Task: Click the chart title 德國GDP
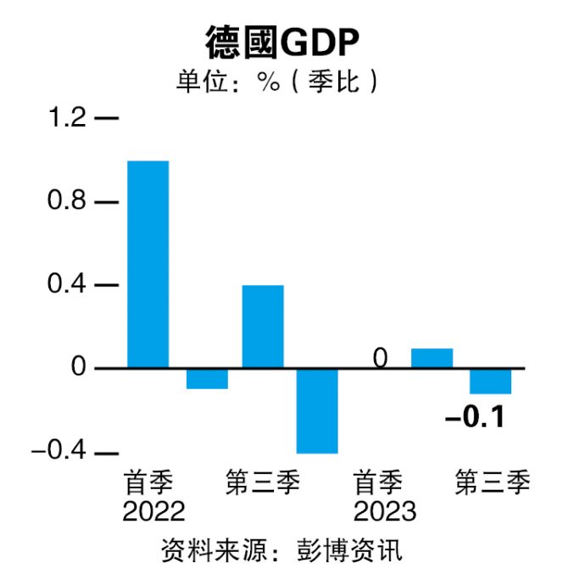[281, 42]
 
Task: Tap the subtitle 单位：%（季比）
[277, 84]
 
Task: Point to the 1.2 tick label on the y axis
[66, 118]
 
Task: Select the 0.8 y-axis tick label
[66, 202]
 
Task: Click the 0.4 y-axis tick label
[66, 285]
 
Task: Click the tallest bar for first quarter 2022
[148, 264]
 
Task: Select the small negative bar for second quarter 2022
[206, 378]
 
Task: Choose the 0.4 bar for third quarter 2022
[263, 326]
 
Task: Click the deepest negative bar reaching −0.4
[317, 410]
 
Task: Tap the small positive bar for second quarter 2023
[432, 358]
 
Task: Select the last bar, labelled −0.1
[490, 380]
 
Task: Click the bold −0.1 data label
[475, 418]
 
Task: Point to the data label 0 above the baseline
[380, 358]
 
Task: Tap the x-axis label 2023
[385, 511]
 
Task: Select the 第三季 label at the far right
[493, 483]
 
